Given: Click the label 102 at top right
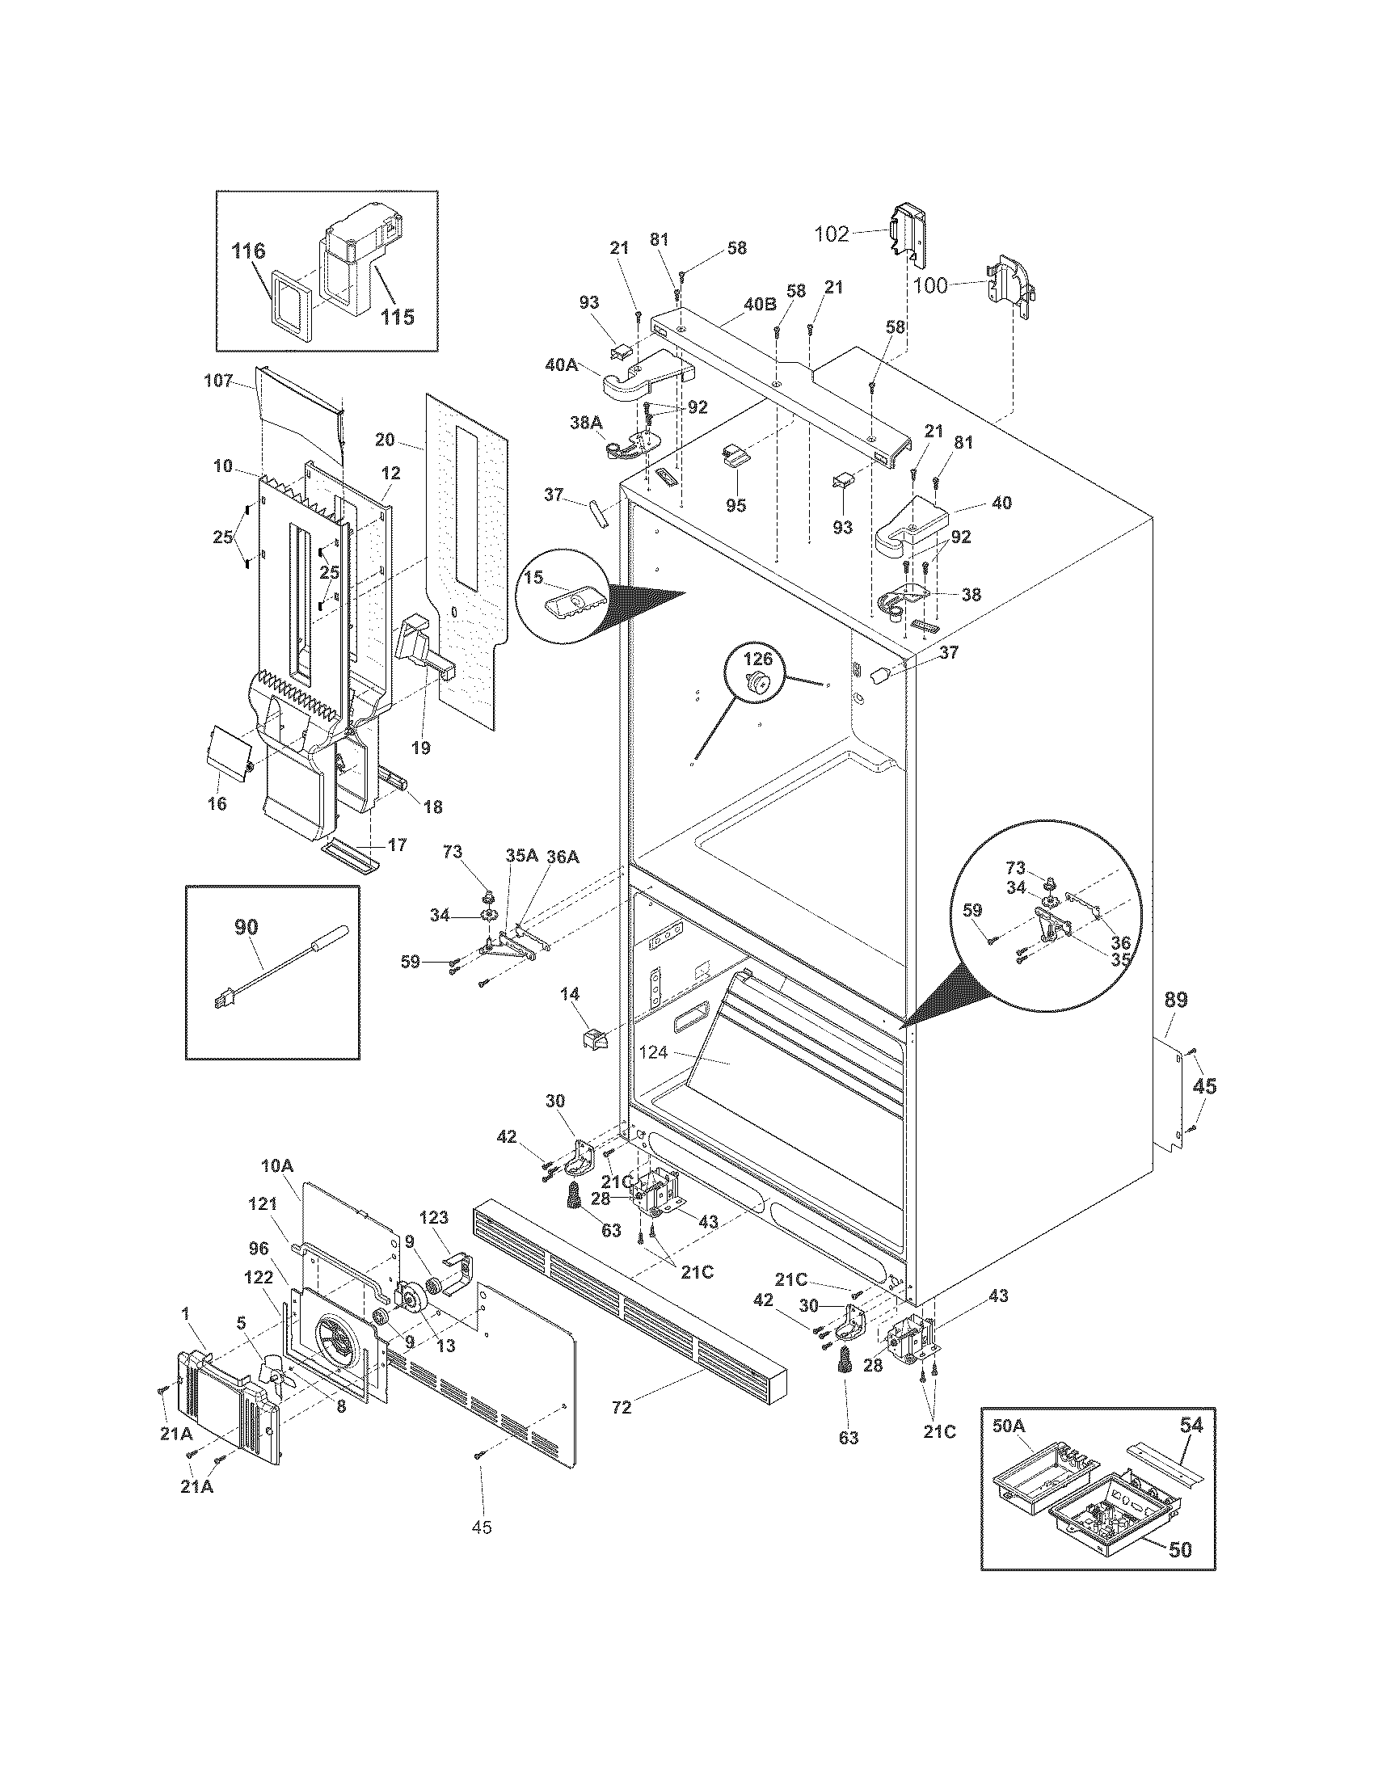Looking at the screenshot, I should (x=832, y=234).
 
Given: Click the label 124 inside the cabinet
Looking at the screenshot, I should (x=654, y=1052).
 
